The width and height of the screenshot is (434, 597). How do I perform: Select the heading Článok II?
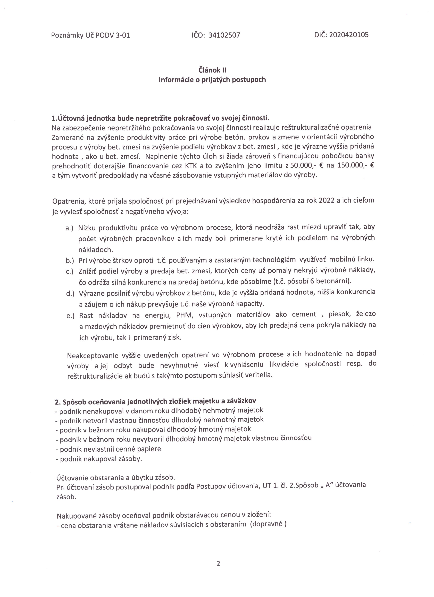click(x=212, y=70)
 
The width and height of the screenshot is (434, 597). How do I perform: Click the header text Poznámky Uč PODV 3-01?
click(x=90, y=35)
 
